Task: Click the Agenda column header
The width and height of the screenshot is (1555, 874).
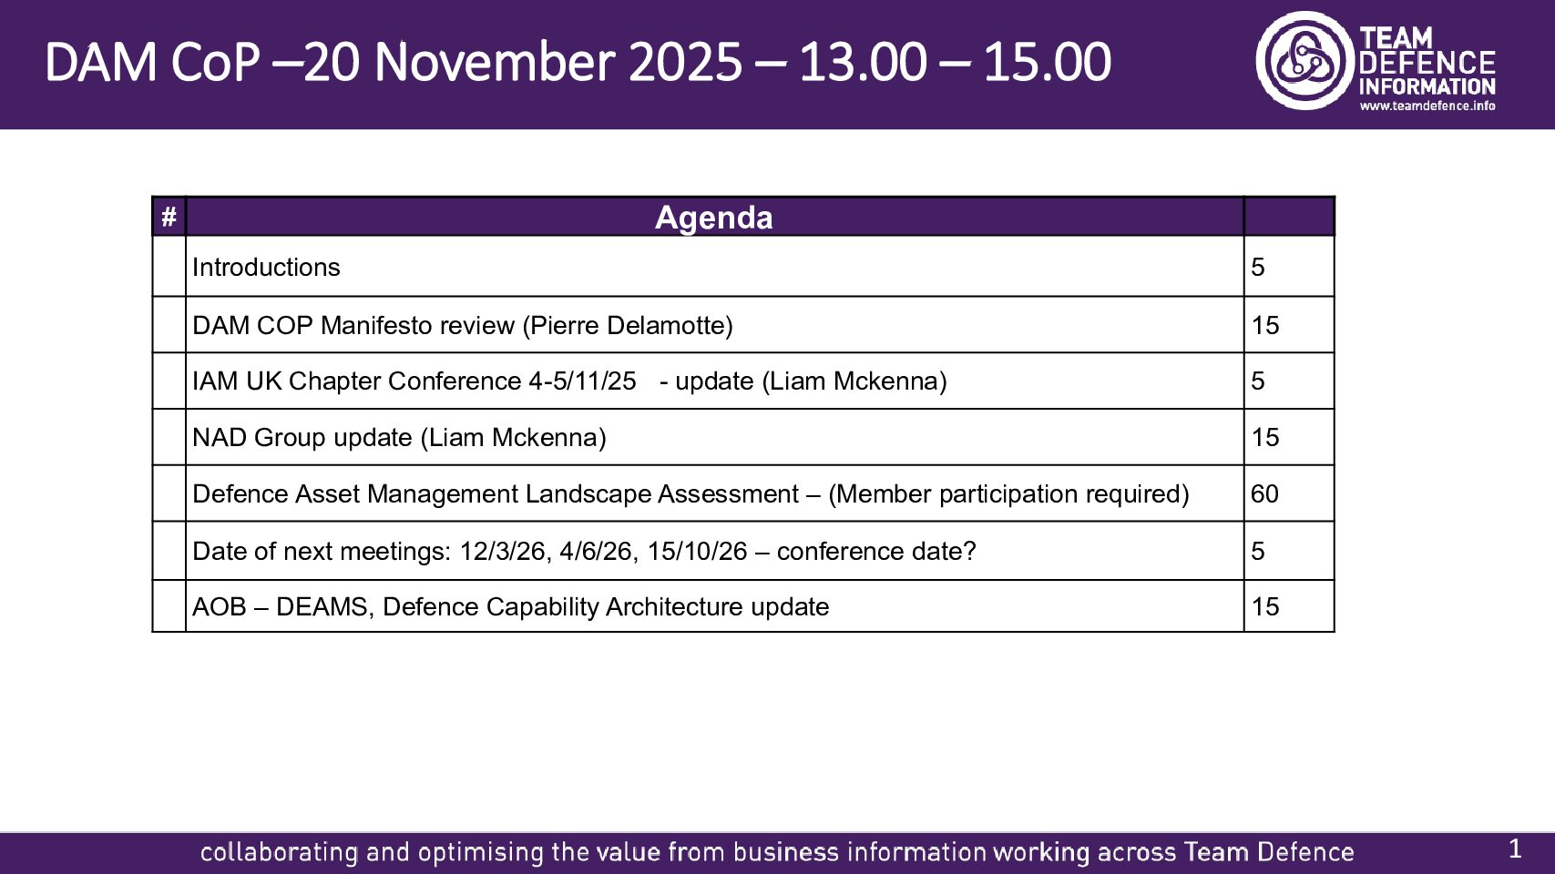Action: (713, 218)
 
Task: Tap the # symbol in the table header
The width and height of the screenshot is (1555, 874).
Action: (169, 217)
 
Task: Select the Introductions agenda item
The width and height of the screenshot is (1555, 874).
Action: (266, 267)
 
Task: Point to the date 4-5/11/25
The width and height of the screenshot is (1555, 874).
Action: (582, 381)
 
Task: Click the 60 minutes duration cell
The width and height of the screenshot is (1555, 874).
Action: (1264, 493)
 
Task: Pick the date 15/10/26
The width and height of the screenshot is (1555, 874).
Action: (697, 551)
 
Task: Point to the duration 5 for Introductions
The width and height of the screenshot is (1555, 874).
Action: (1258, 267)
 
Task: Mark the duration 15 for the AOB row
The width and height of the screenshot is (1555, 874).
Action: (1265, 607)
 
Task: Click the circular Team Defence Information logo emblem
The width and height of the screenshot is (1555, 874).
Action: (1305, 60)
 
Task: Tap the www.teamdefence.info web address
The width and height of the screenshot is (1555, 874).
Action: (1427, 107)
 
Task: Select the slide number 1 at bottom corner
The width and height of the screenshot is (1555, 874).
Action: (1516, 849)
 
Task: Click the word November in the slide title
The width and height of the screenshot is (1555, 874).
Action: (495, 63)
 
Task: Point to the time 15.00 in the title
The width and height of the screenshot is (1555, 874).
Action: (1048, 63)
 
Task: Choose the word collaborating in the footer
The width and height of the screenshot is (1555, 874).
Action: (279, 852)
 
